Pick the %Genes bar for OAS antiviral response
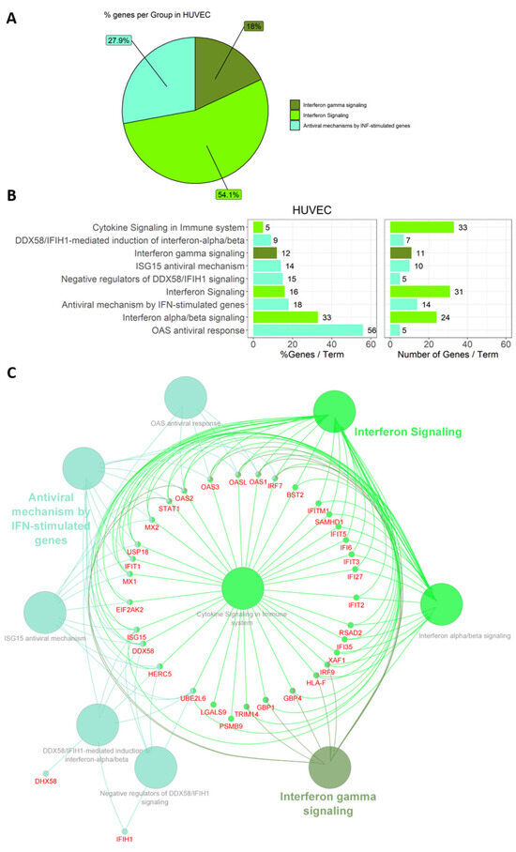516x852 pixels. tap(308, 329)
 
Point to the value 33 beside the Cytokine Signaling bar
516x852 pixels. tap(463, 226)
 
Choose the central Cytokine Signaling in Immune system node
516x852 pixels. tap(250, 593)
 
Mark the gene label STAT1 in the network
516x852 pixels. tap(169, 509)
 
